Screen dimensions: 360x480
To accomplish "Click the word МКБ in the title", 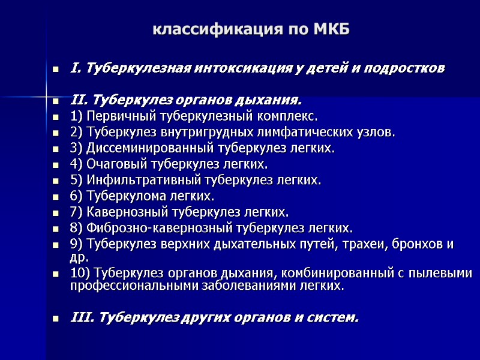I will [332, 29].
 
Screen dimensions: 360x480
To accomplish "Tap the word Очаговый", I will [111, 164].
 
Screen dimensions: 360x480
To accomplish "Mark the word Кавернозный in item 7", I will [122, 212].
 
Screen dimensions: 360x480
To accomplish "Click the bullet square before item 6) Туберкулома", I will [56, 197].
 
